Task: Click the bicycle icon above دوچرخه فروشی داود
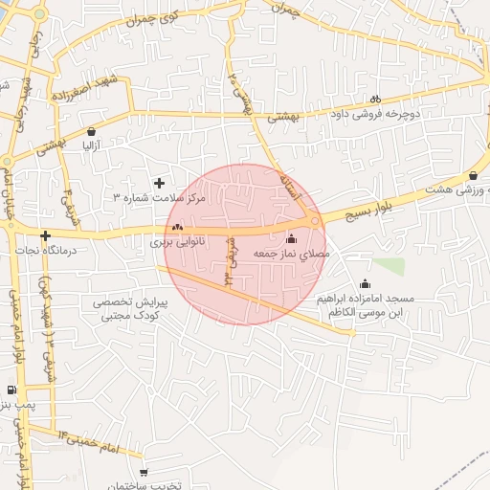coord(376,98)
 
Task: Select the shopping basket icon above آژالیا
coord(91,132)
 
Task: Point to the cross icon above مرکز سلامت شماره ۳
coord(159,182)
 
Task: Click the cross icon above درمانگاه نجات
coord(45,234)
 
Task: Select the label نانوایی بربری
coord(177,243)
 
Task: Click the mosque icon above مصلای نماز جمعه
coord(291,238)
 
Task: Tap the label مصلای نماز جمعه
coord(291,255)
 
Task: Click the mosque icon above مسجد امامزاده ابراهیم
coord(365,283)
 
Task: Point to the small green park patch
coord(388,265)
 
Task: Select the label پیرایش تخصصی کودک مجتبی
coord(131,307)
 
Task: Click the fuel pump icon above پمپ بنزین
coord(11,389)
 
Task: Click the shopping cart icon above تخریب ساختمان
coord(144,472)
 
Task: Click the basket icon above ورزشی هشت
coord(474,175)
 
